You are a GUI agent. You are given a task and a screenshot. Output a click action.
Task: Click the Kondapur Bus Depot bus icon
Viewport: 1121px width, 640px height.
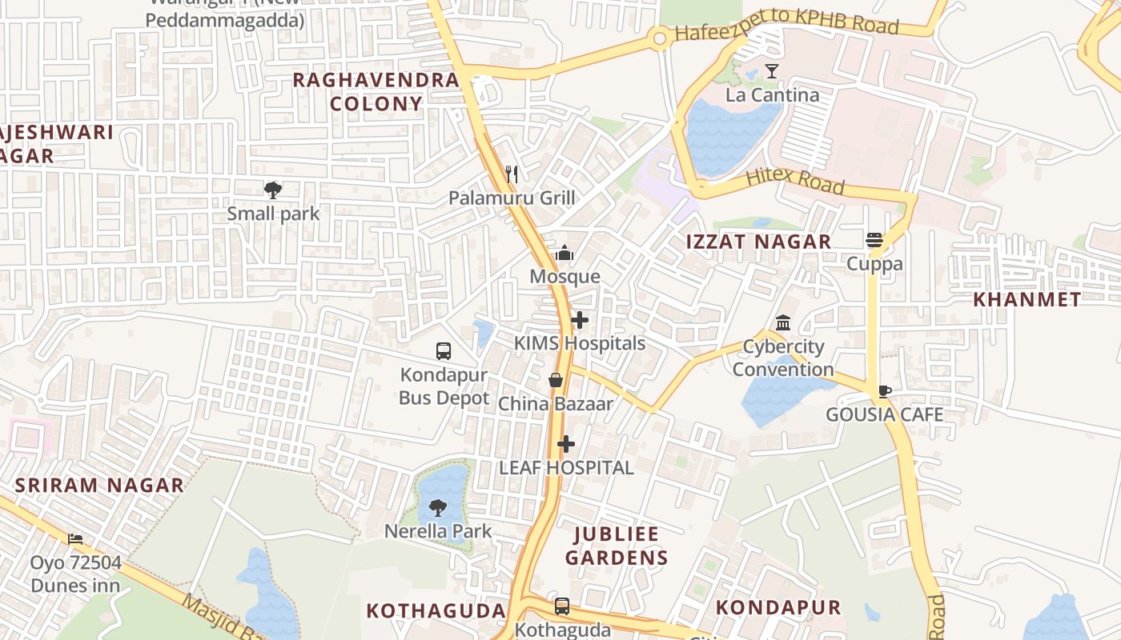(x=444, y=350)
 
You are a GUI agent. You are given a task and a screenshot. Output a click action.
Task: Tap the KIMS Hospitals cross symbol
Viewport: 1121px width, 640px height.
(x=580, y=321)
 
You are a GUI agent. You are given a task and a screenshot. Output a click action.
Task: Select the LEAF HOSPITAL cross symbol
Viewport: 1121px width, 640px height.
(x=566, y=444)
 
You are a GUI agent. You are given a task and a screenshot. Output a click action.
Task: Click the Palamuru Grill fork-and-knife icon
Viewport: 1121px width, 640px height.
(x=512, y=174)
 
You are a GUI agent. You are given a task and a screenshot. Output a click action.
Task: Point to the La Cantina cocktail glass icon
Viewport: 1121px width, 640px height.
(x=772, y=71)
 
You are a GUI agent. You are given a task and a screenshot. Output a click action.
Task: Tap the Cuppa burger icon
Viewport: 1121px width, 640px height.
(x=874, y=240)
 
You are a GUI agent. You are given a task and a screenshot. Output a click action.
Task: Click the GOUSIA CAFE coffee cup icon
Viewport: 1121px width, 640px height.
(x=884, y=391)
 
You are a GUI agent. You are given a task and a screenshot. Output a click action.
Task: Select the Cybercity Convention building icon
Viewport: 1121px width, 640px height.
(x=783, y=323)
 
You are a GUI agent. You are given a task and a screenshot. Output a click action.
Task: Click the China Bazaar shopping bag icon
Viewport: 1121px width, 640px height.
(x=556, y=380)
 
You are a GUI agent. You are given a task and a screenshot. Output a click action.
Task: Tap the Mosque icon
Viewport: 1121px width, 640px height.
(x=565, y=254)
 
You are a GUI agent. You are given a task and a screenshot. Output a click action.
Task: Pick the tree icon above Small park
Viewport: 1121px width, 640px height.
(x=273, y=190)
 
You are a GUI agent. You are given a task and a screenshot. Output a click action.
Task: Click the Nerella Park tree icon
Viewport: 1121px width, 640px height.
(x=438, y=507)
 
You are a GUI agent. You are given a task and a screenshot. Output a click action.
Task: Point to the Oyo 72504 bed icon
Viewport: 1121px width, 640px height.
(x=75, y=539)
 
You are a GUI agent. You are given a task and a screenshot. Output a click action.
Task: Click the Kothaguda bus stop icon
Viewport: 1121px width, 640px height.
(x=562, y=606)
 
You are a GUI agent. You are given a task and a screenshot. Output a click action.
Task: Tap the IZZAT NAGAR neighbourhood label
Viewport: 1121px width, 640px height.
(x=758, y=242)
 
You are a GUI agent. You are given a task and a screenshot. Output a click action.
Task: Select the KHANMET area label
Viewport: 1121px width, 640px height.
(x=1027, y=300)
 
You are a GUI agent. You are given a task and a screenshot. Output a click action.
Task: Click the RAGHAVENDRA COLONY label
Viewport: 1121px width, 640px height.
(x=376, y=91)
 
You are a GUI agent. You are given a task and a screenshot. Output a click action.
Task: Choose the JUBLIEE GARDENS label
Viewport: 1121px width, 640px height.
(x=616, y=546)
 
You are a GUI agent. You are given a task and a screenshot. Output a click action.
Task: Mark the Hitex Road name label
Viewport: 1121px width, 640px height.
(x=794, y=182)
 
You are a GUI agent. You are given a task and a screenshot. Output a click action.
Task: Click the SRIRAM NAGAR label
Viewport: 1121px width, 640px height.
(x=99, y=485)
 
